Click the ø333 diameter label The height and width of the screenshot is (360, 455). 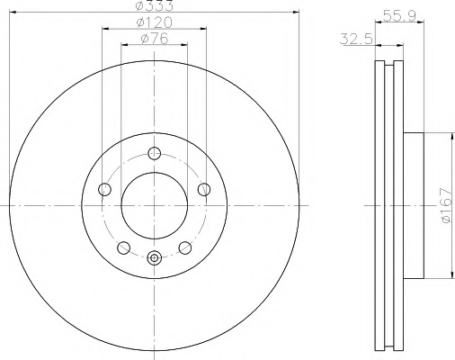coord(154,5)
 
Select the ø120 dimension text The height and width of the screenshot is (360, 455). coord(155,22)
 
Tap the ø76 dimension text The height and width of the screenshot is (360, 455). coord(155,39)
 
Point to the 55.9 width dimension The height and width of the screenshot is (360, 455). coord(399,15)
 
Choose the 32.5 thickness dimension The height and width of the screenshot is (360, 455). coord(356,39)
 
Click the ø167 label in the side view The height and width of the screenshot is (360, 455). coord(446,205)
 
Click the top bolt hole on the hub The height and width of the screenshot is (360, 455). coord(155,153)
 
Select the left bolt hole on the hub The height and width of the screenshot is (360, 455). coord(104,189)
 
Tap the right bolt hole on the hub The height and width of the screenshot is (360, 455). coord(204,189)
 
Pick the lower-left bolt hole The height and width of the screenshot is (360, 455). coord(123,247)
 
